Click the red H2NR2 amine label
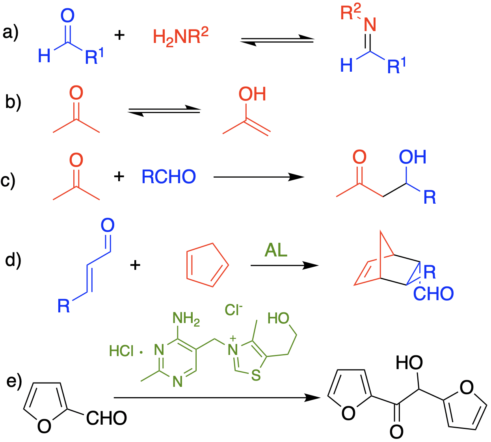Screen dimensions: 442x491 180,37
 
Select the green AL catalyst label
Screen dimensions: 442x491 276,250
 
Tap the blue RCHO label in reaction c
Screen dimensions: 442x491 169,177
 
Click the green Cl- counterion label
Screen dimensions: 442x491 233,310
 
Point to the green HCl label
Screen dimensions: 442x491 121,351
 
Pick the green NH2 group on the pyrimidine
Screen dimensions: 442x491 186,319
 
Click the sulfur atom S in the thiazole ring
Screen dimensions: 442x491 256,375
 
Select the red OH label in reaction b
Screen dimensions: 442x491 252,94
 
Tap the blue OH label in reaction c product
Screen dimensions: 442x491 413,157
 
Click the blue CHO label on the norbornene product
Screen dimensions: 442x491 433,294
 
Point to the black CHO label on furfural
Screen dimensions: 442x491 106,418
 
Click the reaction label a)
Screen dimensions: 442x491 11,32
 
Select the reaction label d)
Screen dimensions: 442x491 13,260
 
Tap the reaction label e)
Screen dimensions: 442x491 14,381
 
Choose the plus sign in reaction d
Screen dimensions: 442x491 135,265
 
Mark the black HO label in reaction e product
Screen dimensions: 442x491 409,363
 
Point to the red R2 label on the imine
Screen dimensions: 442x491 350,13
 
